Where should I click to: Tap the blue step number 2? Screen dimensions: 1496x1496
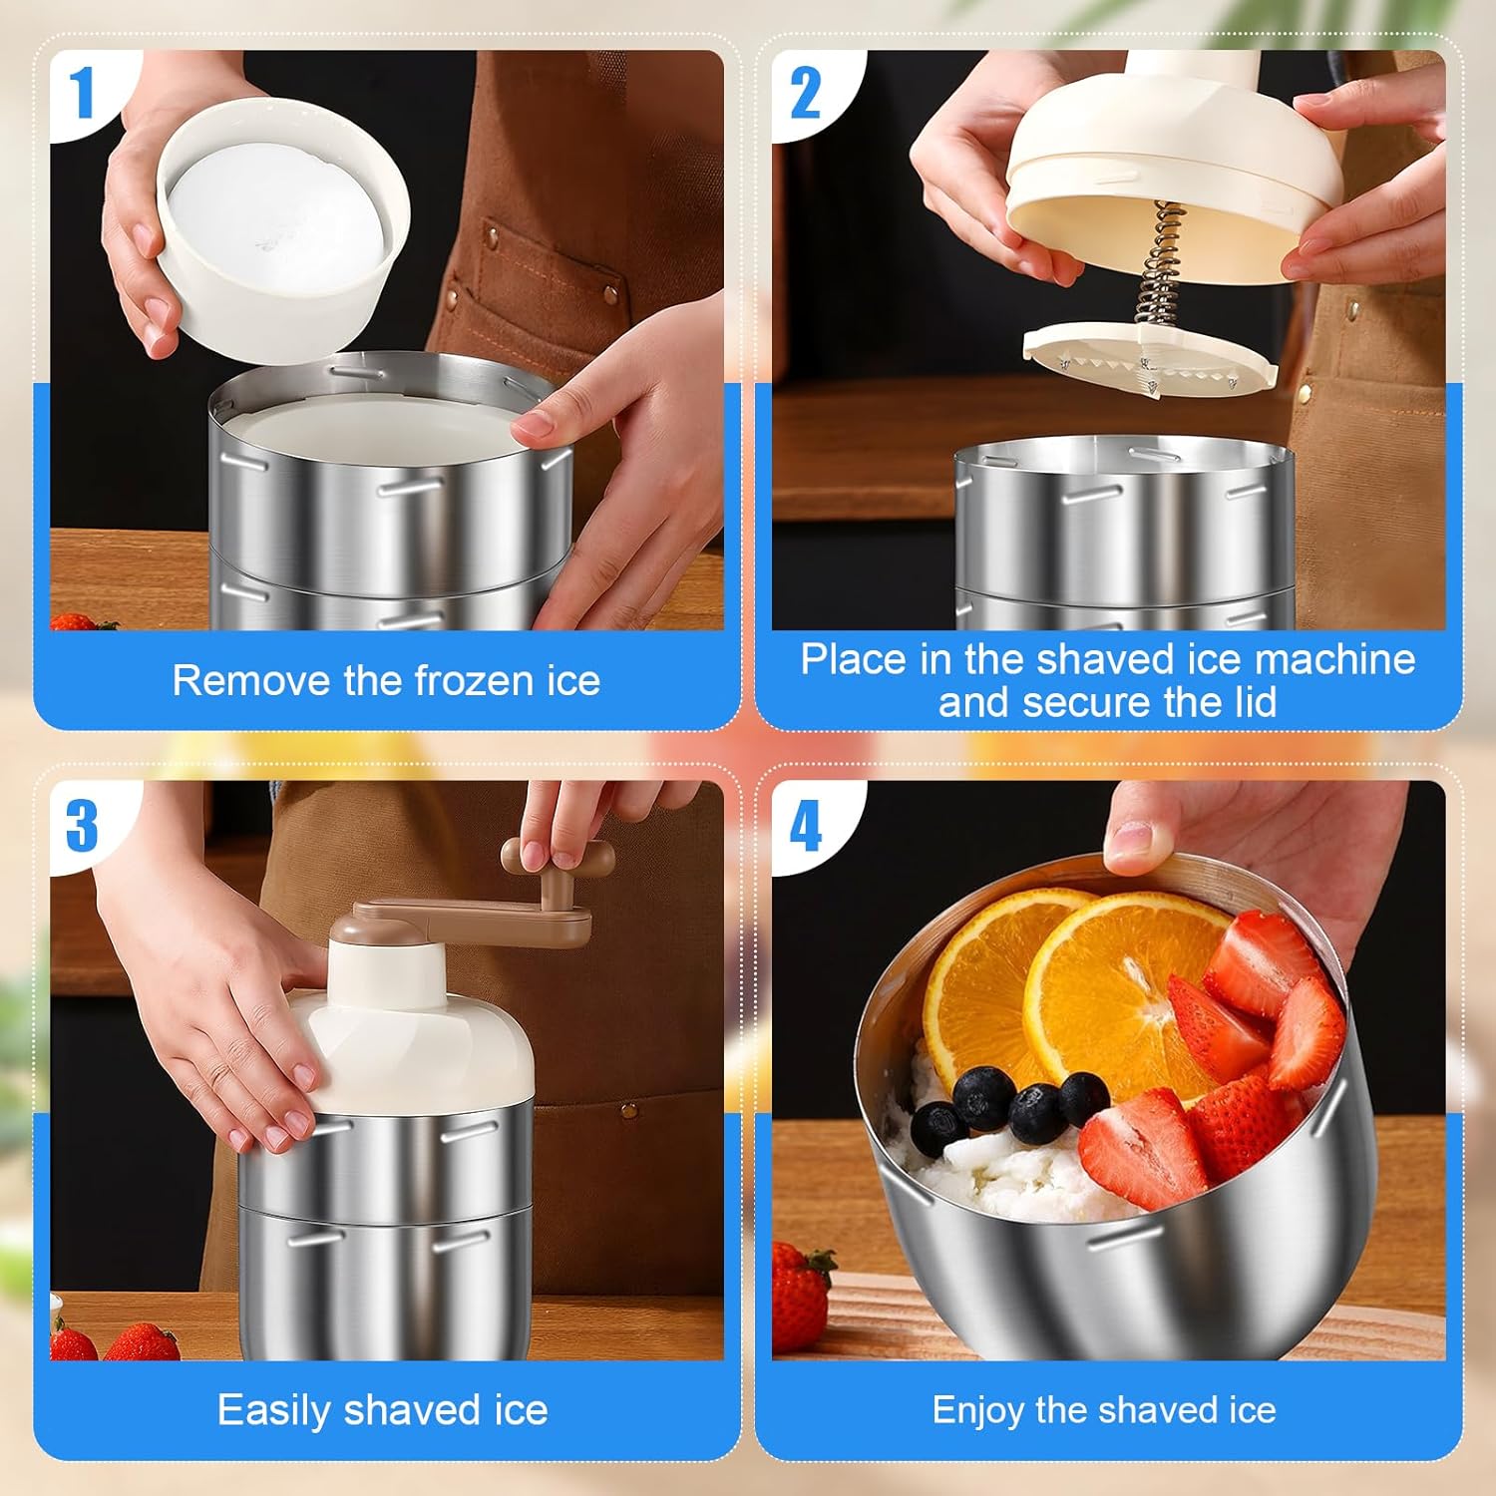tap(805, 94)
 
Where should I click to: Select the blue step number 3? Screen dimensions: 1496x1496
tap(82, 826)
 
